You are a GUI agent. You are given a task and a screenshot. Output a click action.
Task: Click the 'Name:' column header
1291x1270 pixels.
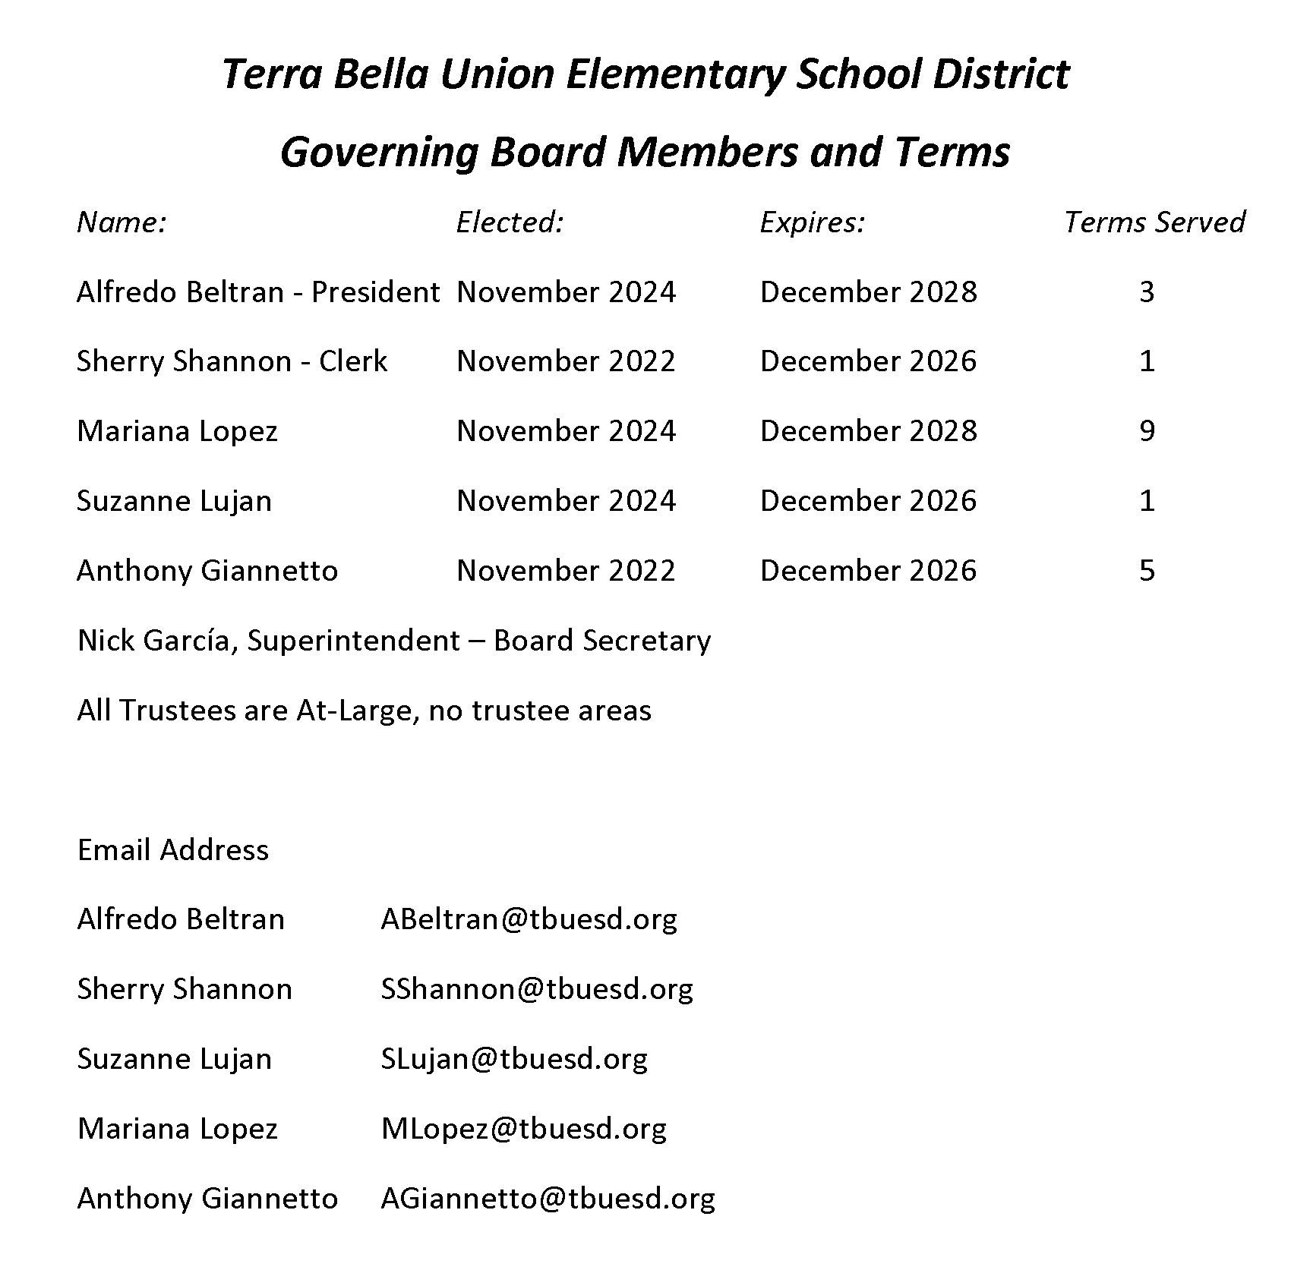pyautogui.click(x=122, y=222)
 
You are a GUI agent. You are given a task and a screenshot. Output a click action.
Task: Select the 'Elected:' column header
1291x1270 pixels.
pyautogui.click(x=510, y=222)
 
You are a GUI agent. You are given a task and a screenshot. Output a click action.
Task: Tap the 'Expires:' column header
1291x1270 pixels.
pyautogui.click(x=812, y=222)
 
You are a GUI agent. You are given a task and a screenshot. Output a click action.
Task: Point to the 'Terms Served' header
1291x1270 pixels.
pyautogui.click(x=1154, y=222)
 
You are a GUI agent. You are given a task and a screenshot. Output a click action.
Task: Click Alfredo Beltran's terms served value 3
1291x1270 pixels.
pyautogui.click(x=1147, y=292)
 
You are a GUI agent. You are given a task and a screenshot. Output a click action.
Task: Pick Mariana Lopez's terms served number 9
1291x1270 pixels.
pyautogui.click(x=1147, y=431)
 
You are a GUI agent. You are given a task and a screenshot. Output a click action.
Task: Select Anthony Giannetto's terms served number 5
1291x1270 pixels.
pyautogui.click(x=1147, y=571)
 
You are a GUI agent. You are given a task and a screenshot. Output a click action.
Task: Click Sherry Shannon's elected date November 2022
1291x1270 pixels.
pyautogui.click(x=566, y=361)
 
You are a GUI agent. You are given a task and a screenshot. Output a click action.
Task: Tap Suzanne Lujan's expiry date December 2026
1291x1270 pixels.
pyautogui.click(x=868, y=501)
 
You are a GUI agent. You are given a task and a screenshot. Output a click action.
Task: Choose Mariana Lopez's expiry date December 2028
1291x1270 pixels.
pyautogui.click(x=868, y=431)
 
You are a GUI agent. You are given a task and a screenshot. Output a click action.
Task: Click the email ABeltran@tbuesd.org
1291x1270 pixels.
pyautogui.click(x=529, y=919)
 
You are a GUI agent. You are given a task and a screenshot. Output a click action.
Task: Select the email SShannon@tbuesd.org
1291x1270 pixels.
pyautogui.click(x=536, y=989)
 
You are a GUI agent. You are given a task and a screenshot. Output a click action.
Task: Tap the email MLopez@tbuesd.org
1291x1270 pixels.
pyautogui.click(x=523, y=1129)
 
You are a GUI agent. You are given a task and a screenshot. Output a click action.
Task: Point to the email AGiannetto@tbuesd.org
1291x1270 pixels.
pyautogui.click(x=548, y=1199)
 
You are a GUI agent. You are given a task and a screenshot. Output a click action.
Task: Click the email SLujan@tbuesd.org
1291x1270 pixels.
pyautogui.click(x=514, y=1059)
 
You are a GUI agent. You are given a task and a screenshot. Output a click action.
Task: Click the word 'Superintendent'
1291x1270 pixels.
pyautogui.click(x=353, y=641)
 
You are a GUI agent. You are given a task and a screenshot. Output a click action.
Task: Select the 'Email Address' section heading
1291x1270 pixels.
pyautogui.click(x=173, y=850)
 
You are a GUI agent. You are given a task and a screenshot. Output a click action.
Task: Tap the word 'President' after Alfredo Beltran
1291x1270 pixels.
pyautogui.click(x=375, y=292)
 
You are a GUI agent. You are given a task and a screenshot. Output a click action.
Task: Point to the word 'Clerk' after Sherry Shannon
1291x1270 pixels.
pyautogui.click(x=352, y=361)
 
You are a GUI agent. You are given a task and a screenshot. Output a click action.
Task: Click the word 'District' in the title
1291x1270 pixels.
pyautogui.click(x=1000, y=74)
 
